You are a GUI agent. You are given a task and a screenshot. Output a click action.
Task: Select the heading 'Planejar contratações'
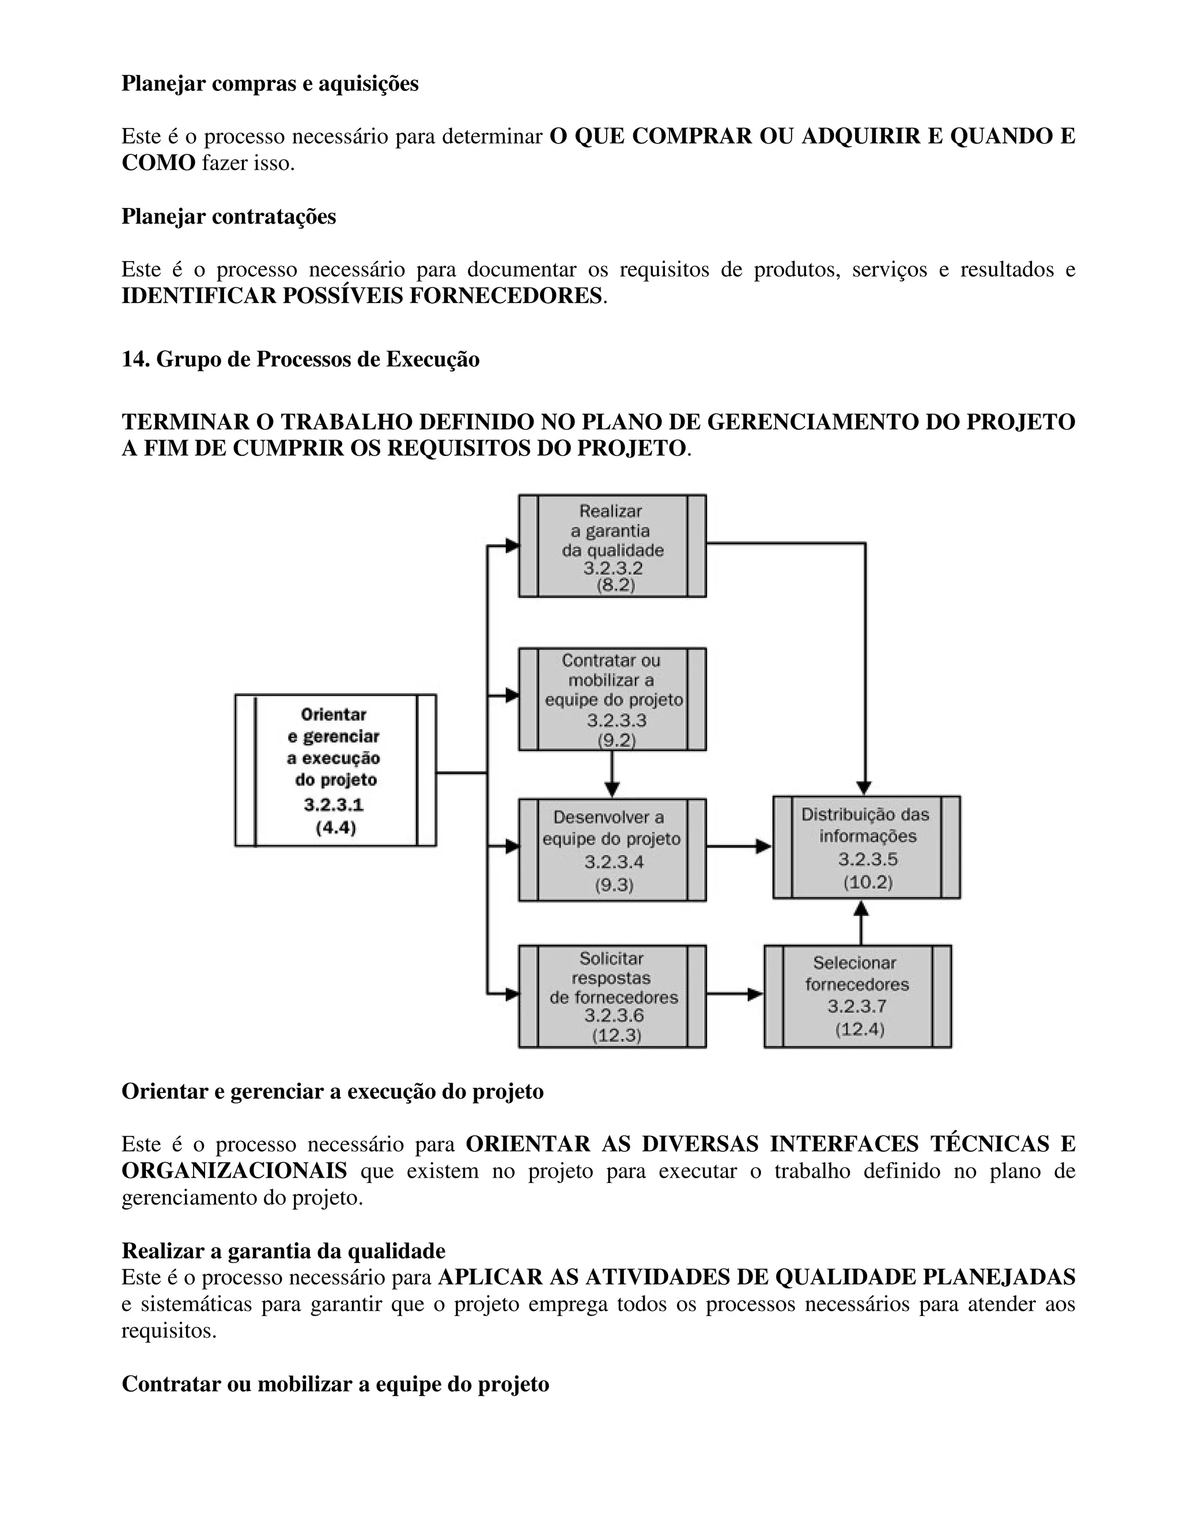tap(229, 216)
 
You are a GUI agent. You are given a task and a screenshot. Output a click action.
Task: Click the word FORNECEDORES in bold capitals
tap(505, 296)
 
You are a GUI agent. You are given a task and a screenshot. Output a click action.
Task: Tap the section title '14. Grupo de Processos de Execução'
tap(301, 360)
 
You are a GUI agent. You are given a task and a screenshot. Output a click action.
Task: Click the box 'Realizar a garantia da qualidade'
tap(612, 546)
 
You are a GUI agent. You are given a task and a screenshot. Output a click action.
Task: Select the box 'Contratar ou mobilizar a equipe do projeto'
tap(612, 698)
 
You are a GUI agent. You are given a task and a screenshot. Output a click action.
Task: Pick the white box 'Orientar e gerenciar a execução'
tap(335, 770)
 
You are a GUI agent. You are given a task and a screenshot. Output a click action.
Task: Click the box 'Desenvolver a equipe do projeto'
tap(612, 849)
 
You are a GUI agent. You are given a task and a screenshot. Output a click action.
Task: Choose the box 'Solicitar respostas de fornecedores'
tap(612, 996)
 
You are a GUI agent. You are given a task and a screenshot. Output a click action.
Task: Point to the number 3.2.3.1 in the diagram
tap(334, 805)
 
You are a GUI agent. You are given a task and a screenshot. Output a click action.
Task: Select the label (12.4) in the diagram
tap(859, 1029)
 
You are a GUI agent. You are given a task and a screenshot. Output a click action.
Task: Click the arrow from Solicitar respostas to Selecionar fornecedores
tap(735, 993)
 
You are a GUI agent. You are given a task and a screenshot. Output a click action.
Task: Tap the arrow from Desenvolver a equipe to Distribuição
tap(739, 846)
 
